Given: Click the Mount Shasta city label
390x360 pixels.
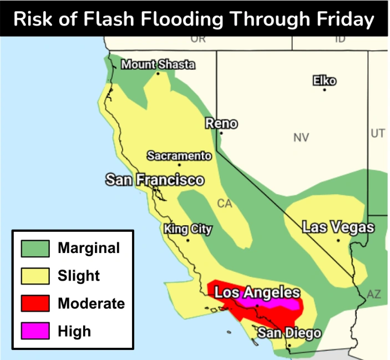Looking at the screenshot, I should (x=158, y=64).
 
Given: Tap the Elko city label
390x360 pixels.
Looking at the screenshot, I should (x=324, y=80).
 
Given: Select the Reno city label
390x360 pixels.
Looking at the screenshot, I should (x=221, y=124).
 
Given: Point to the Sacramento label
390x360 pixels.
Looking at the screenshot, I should (x=179, y=156).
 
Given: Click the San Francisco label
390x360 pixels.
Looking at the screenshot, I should (x=155, y=180).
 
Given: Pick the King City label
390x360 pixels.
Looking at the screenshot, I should (x=188, y=229).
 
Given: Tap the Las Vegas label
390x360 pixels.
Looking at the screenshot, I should (x=338, y=227).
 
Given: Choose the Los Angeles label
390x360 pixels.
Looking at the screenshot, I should (x=257, y=293).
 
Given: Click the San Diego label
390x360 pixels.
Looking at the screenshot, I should (x=288, y=333).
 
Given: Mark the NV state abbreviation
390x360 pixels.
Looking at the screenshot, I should (x=301, y=138).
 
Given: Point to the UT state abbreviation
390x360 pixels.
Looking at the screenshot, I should (x=377, y=133).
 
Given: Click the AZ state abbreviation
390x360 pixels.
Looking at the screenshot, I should (x=374, y=295).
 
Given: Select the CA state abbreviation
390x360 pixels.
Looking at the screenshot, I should (x=224, y=204).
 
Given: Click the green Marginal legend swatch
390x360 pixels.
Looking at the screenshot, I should (x=35, y=248).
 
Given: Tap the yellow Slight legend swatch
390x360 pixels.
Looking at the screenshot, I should (x=35, y=276).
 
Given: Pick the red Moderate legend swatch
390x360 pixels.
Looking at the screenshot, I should (x=35, y=303).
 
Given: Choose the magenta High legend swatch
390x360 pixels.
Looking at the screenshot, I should (x=35, y=331).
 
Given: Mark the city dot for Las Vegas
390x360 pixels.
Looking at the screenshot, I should (x=338, y=241).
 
